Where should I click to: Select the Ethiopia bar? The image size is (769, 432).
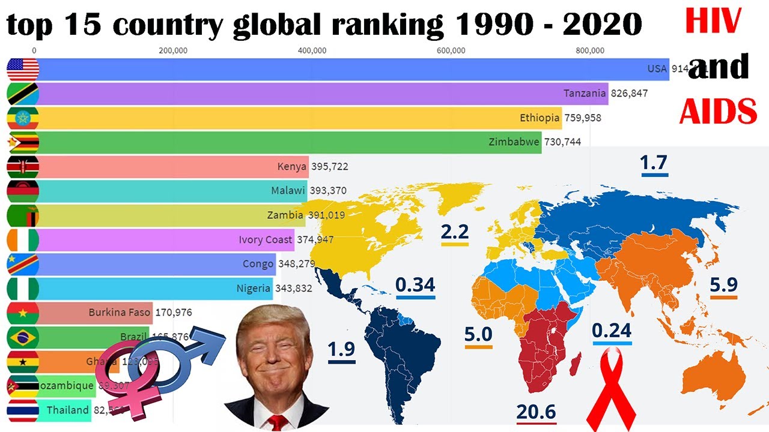300,118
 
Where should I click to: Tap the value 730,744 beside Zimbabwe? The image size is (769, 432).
562,143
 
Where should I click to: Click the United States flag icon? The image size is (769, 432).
23,70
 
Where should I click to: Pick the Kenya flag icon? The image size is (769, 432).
23,167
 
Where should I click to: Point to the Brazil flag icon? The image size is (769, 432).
23,338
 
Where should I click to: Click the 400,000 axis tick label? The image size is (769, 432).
312,50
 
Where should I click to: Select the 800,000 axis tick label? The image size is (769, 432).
589,50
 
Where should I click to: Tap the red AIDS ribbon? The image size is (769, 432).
611,390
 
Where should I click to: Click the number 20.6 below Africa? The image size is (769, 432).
536,412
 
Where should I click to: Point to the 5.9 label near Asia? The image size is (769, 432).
723,284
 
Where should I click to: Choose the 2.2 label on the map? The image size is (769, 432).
454,232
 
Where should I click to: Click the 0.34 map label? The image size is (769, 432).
415,284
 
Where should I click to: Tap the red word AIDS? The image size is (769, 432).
718,110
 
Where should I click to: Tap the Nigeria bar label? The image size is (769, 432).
254,289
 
